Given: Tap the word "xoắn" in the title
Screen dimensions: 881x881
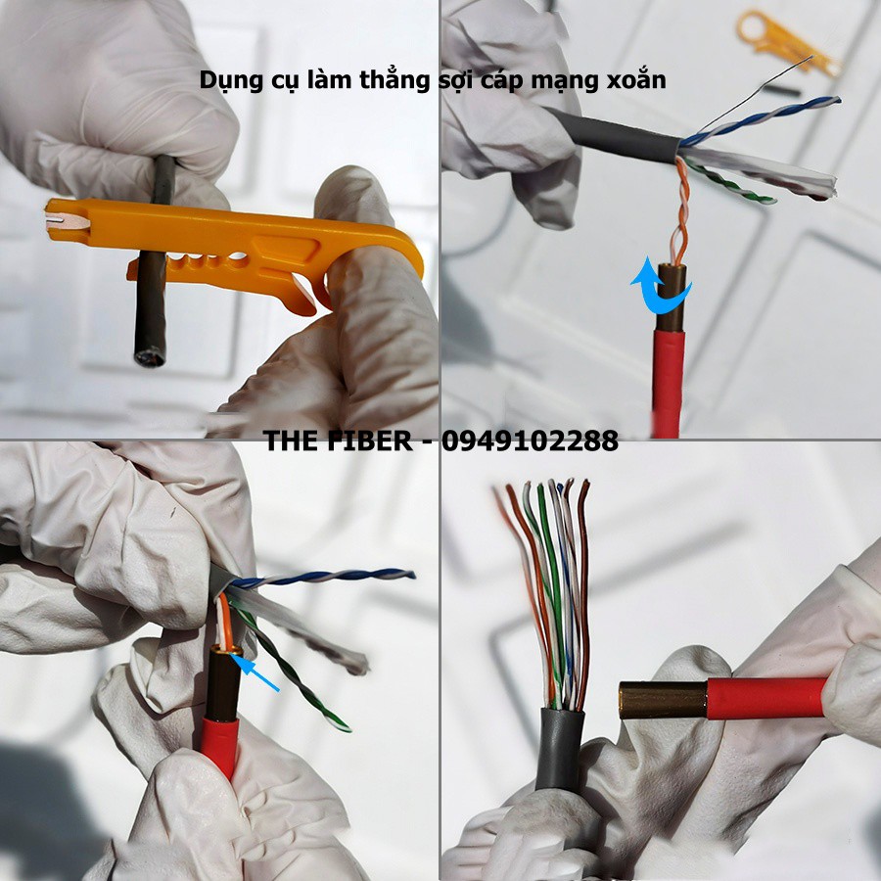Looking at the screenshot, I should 634,79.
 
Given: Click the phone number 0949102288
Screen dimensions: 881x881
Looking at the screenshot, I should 530,441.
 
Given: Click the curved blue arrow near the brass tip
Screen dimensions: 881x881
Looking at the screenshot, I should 658,285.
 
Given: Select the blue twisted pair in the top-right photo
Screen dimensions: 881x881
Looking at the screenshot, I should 764,118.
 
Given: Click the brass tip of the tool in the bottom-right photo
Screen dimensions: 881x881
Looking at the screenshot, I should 662,700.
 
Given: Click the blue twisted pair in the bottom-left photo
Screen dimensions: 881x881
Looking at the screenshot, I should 323,578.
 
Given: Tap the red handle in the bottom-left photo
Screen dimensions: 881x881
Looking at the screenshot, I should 220,744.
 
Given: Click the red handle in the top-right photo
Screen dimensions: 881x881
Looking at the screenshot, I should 669,382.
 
